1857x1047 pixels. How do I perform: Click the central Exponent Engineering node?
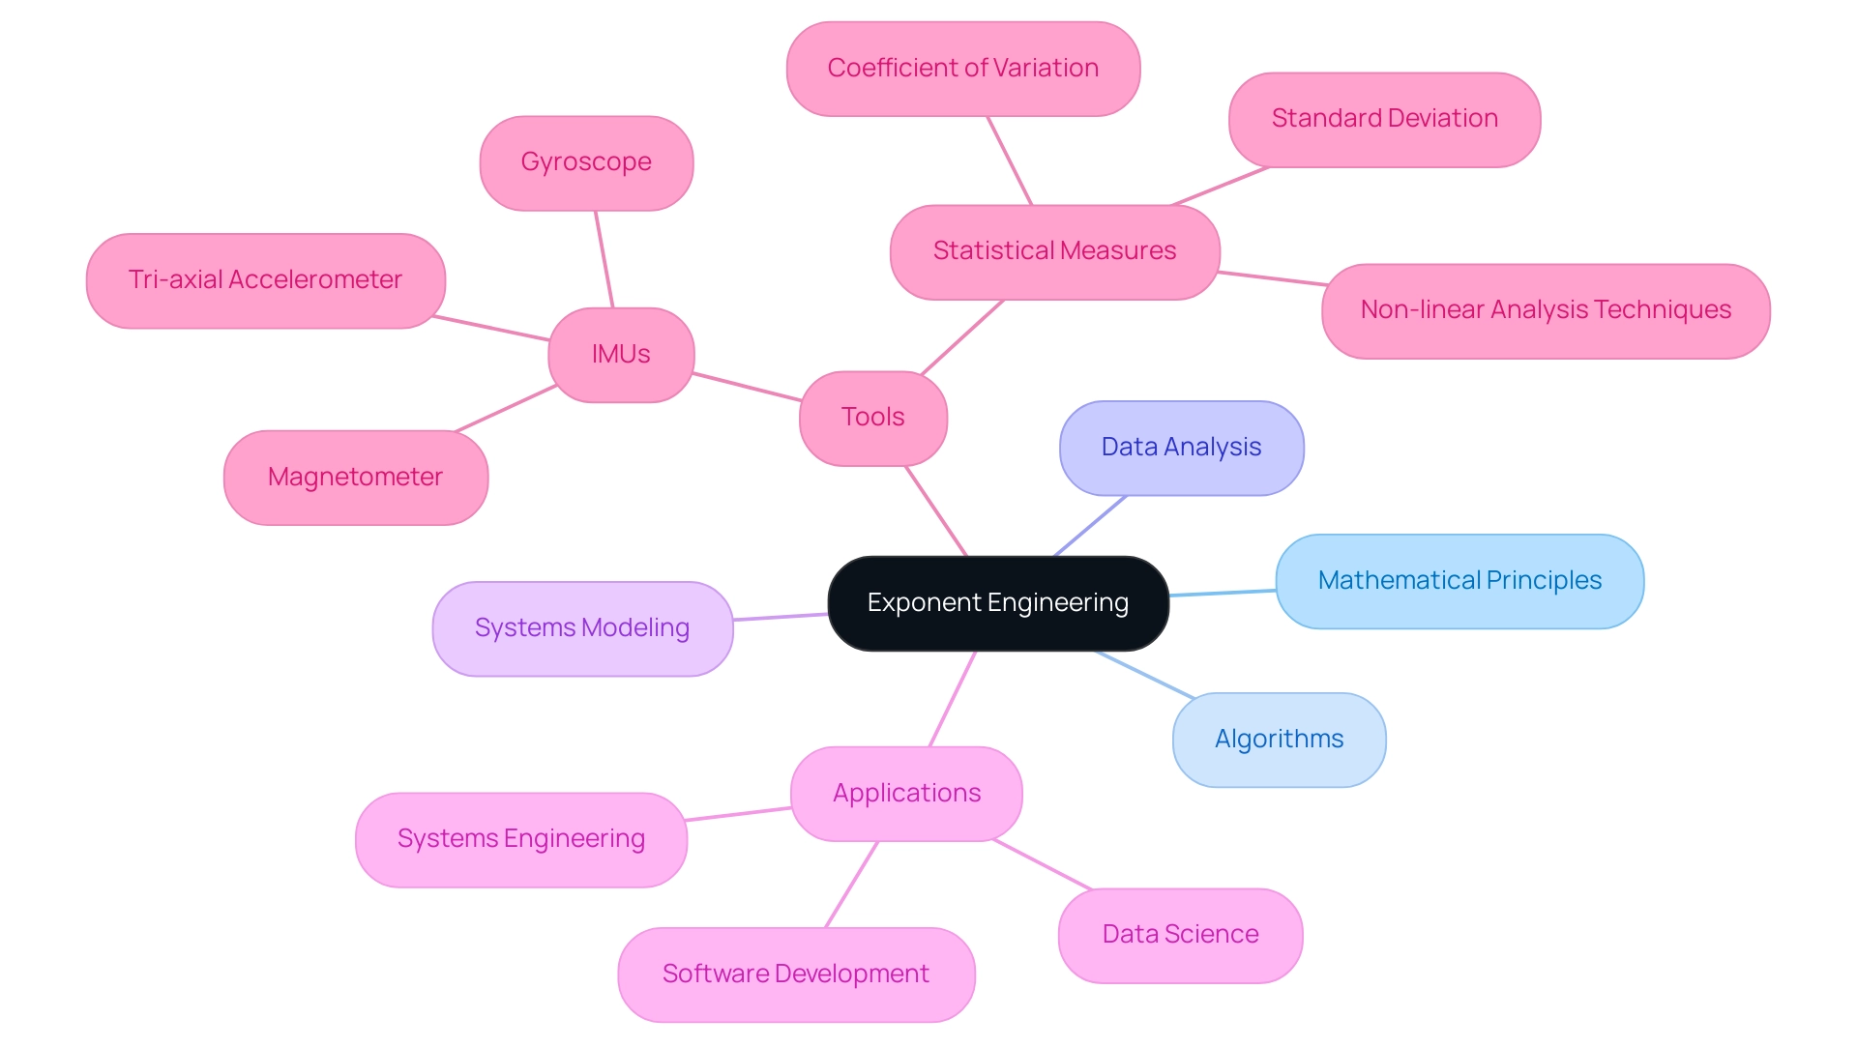tap(998, 603)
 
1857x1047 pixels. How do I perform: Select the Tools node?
tap(873, 418)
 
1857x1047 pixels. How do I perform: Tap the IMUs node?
tap(621, 355)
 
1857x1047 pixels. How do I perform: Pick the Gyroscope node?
tap(586, 162)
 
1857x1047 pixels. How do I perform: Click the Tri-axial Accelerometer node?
tap(265, 280)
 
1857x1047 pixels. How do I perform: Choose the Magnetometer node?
tap(355, 478)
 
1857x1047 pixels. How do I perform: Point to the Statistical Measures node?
tap(1054, 251)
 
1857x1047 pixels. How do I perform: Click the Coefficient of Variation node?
tap(963, 69)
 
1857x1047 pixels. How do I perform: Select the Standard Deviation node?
tap(1384, 119)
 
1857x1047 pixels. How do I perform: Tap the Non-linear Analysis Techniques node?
tap(1546, 310)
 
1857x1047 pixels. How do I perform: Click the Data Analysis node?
tap(1181, 448)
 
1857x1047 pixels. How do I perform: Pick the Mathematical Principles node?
tap(1459, 581)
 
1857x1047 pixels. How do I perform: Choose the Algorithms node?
tap(1279, 740)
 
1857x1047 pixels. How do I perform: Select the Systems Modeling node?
tap(582, 628)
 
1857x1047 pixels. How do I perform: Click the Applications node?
tap(906, 794)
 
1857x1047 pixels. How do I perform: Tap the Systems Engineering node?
tap(520, 839)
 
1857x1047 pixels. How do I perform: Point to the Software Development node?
tap(796, 974)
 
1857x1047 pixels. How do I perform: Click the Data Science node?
tap(1180, 935)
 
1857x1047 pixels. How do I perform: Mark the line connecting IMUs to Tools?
tap(747, 387)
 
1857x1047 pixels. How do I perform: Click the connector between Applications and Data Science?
tap(1043, 865)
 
